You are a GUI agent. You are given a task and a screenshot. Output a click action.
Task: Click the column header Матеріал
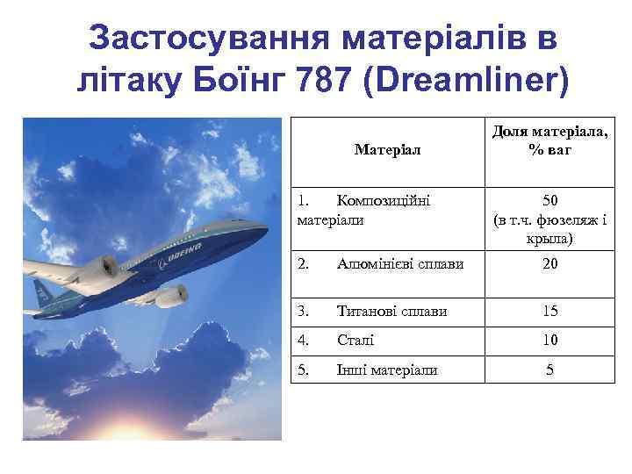point(387,149)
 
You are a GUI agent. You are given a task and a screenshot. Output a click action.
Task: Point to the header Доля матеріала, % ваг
point(549,140)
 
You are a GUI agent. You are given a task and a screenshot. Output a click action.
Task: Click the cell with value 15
point(549,311)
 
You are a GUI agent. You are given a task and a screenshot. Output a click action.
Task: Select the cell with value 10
point(549,340)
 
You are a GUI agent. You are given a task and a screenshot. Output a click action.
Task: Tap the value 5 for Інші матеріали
point(549,370)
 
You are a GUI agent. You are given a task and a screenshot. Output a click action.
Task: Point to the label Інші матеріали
point(386,370)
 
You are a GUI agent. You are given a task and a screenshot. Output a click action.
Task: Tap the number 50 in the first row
point(549,201)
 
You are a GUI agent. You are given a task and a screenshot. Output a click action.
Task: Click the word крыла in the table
point(549,238)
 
